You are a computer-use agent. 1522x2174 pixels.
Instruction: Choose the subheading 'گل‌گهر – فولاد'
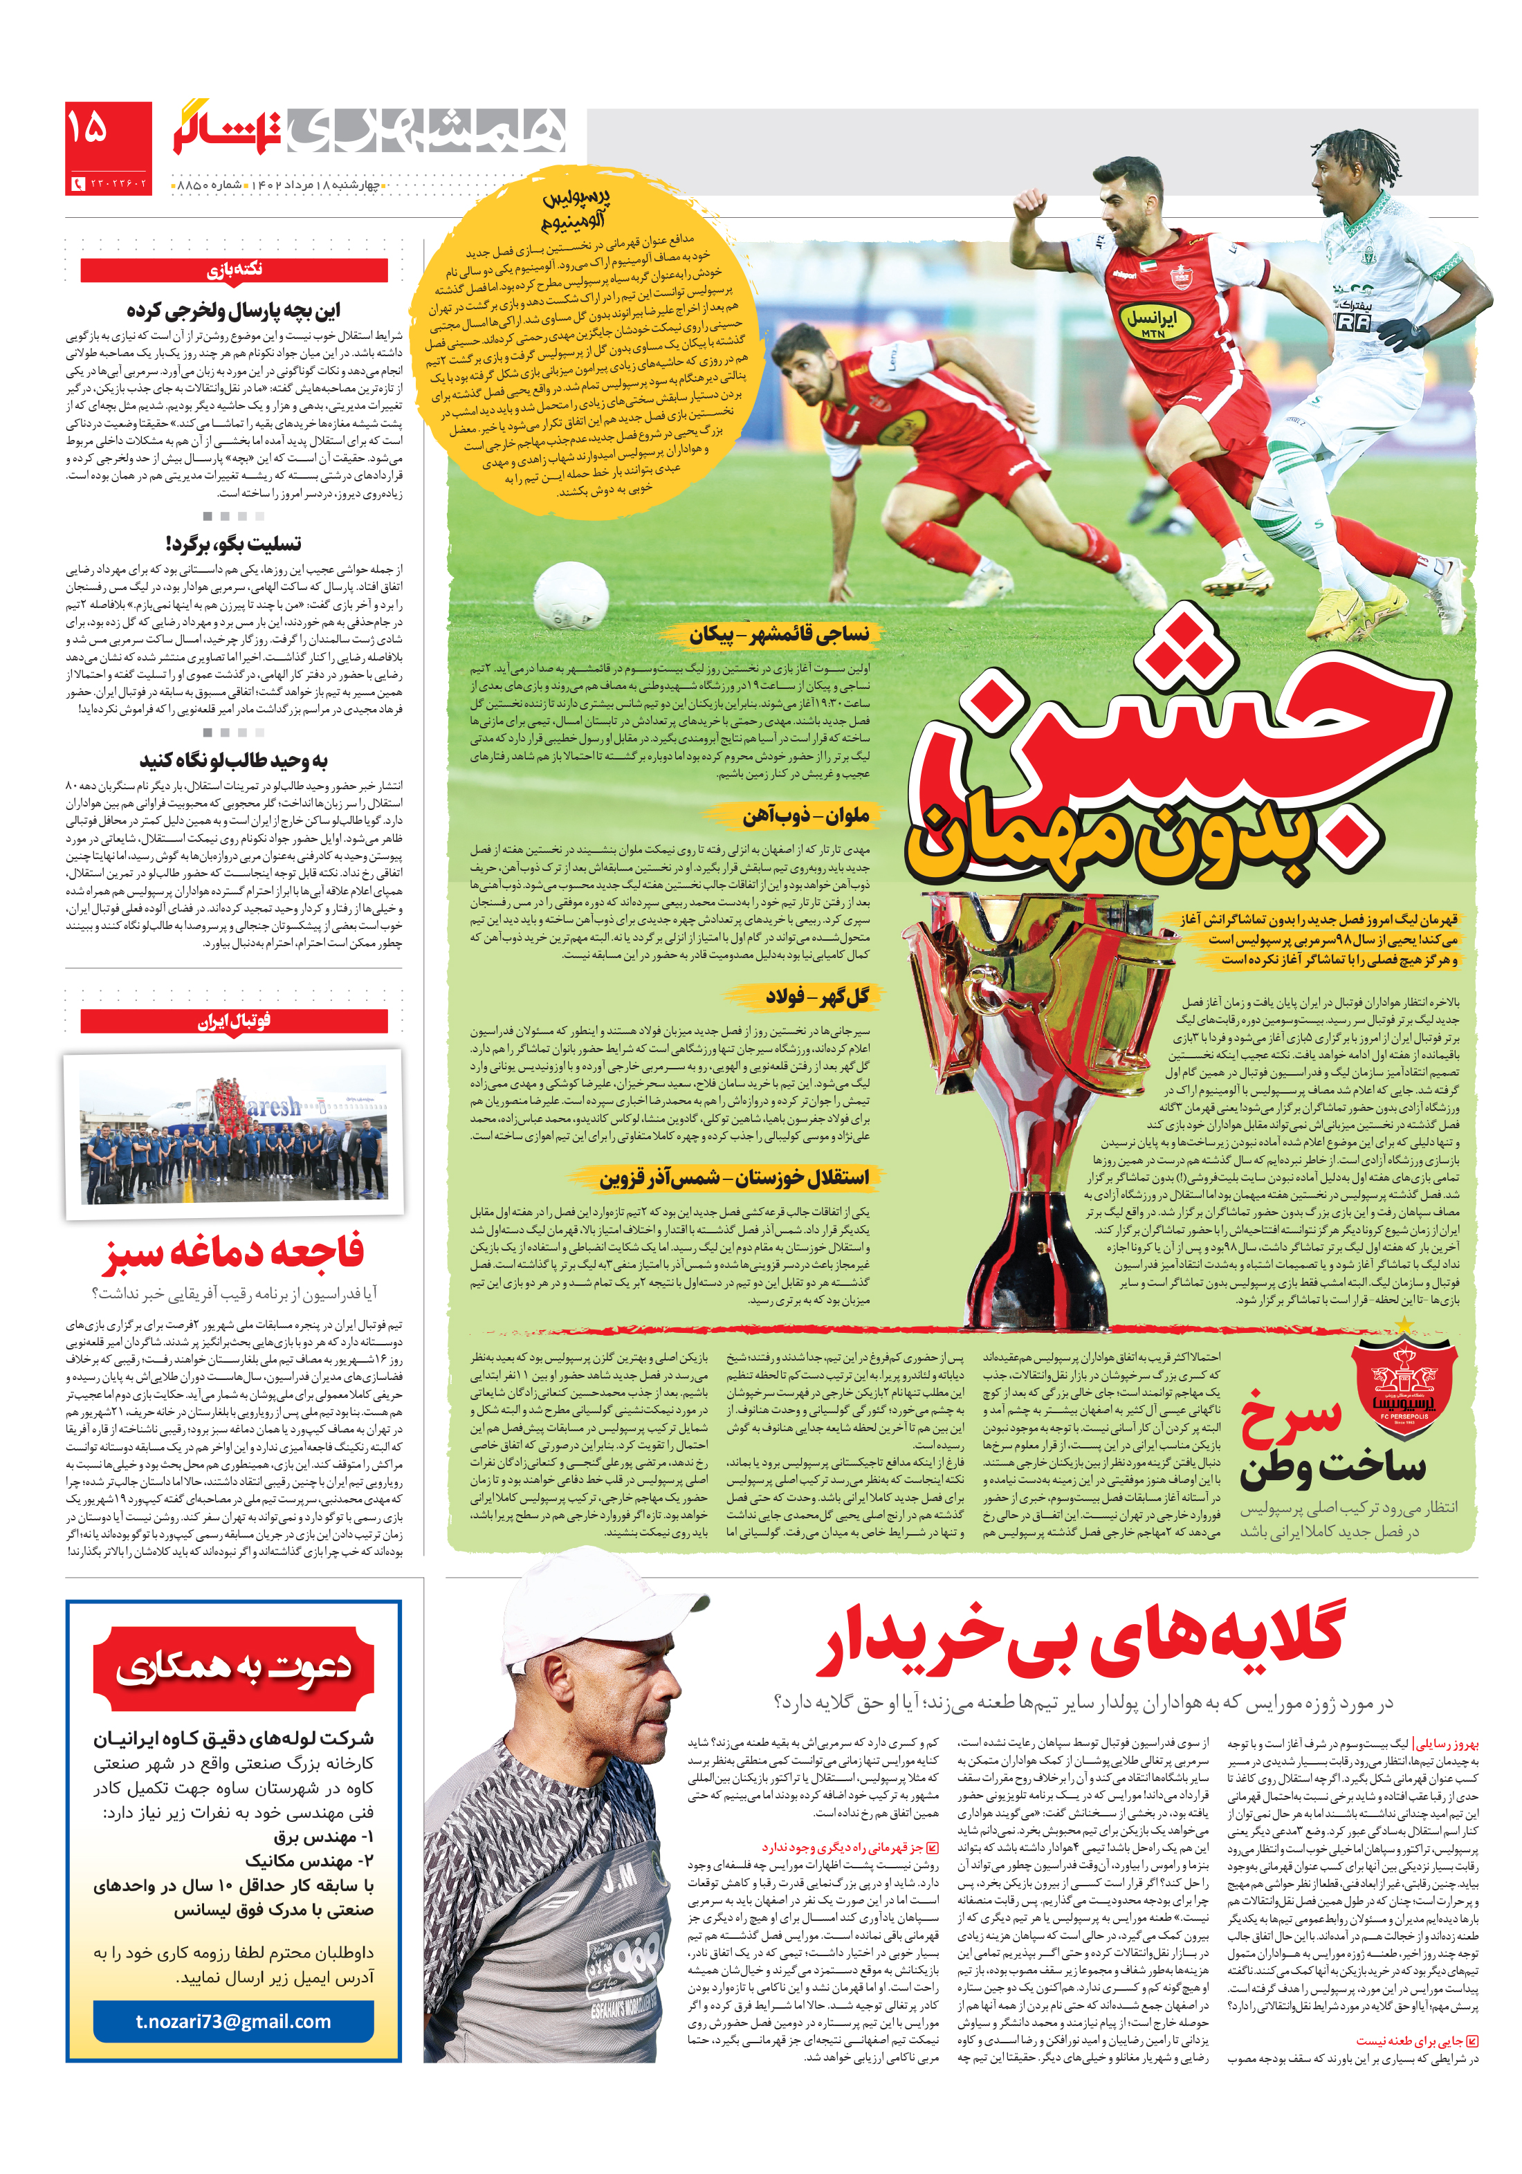pos(817,996)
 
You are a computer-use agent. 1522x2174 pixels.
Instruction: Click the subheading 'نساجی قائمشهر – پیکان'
pos(778,634)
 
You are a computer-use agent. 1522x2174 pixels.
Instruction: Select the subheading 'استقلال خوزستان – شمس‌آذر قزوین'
pos(733,1178)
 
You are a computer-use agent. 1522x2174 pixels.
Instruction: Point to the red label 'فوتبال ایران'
pos(234,1021)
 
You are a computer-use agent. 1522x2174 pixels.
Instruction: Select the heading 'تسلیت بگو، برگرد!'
pos(233,544)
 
